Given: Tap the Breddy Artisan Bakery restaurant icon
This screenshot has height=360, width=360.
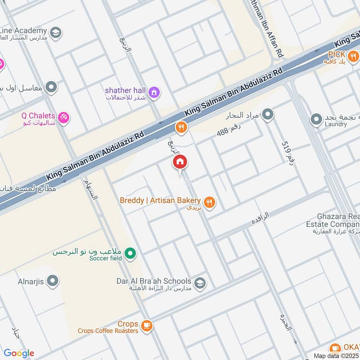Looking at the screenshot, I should pyautogui.click(x=209, y=202).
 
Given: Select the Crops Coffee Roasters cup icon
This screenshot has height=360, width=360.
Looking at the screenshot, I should pyautogui.click(x=146, y=325).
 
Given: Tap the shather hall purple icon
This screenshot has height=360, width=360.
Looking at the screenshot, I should pyautogui.click(x=154, y=92).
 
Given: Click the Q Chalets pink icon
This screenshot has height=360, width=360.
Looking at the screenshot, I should pyautogui.click(x=63, y=118).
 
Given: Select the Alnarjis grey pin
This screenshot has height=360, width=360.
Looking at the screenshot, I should pyautogui.click(x=53, y=282).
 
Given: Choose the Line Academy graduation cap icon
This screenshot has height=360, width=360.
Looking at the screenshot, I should pyautogui.click(x=56, y=32).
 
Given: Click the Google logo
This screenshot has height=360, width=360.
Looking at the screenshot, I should pyautogui.click(x=19, y=353).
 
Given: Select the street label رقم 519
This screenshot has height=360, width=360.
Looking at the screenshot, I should pyautogui.click(x=288, y=153).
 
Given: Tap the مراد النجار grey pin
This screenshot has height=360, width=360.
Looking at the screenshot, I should pyautogui.click(x=268, y=114).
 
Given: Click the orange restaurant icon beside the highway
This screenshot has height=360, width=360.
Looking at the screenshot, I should pyautogui.click(x=181, y=128).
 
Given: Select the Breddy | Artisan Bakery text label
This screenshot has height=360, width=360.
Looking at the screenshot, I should pyautogui.click(x=160, y=200).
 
